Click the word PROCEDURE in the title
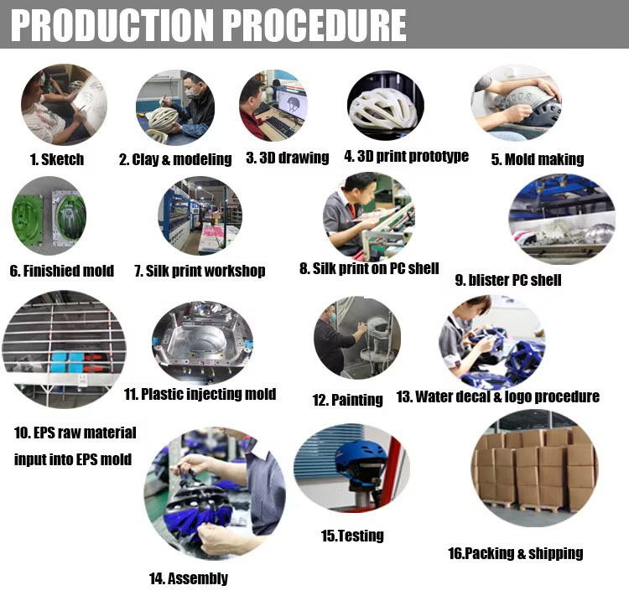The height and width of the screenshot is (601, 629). point(314,25)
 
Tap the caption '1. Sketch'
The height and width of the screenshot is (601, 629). point(57,159)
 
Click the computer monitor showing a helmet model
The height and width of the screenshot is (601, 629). point(293,103)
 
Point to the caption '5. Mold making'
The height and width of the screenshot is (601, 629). point(538,159)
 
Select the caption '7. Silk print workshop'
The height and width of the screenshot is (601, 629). point(200,271)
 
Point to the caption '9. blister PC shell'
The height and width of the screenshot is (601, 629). point(508,280)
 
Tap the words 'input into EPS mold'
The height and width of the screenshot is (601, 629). point(73,459)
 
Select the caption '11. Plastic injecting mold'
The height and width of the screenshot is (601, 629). point(200,394)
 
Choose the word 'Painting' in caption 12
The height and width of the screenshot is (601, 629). point(357,400)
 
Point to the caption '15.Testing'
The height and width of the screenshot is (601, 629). point(352,536)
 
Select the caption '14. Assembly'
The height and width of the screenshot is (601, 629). point(189,578)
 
